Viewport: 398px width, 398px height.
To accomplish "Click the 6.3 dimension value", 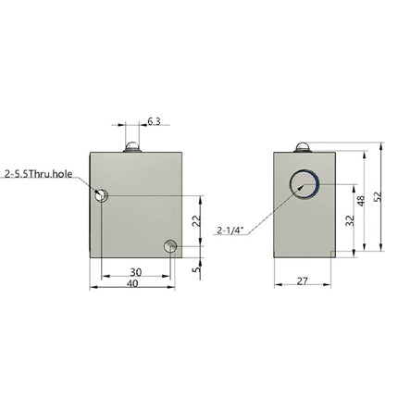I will point(155,120).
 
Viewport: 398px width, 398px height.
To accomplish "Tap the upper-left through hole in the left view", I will point(102,195).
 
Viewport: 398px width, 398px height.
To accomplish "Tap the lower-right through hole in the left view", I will point(168,246).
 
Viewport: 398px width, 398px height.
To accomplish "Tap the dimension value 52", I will point(377,196).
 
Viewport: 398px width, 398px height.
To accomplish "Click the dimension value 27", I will point(303,278).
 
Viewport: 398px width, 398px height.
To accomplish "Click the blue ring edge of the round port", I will point(320,186).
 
